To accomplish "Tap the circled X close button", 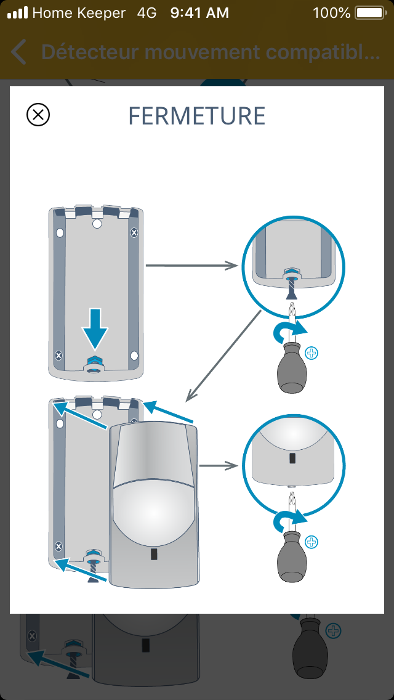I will tap(38, 115).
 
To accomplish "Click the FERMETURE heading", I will tap(197, 116).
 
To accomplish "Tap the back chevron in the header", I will tap(19, 52).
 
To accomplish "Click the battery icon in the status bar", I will tap(369, 12).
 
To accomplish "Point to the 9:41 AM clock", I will tap(199, 12).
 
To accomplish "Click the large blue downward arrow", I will tap(95, 329).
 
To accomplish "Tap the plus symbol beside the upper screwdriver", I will tap(313, 354).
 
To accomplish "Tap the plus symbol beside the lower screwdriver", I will tap(313, 542).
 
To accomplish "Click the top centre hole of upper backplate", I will tap(97, 224).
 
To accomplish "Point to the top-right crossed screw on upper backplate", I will tap(135, 232).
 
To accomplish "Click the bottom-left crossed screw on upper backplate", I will tap(58, 356).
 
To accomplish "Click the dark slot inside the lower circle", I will tap(292, 459).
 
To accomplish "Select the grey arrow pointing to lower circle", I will tap(219, 466).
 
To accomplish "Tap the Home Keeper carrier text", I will tap(78, 12).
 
